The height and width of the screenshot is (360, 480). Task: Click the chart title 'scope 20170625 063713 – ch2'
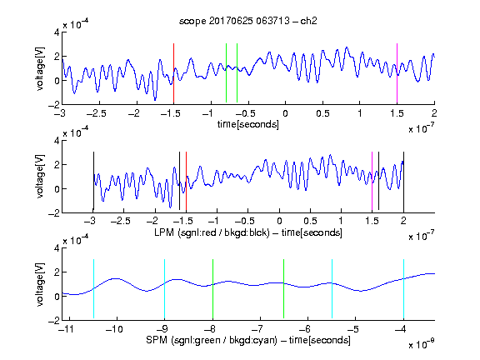[248, 21]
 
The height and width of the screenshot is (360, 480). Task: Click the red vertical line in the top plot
[173, 73]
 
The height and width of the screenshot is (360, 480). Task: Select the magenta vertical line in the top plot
[397, 73]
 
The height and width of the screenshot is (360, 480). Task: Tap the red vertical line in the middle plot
[186, 181]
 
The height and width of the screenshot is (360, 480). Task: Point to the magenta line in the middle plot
[372, 181]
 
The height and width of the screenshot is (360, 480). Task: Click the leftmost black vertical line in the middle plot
[93, 181]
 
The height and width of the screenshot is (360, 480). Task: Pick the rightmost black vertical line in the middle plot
[403, 182]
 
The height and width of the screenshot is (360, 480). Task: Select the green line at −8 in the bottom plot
[212, 288]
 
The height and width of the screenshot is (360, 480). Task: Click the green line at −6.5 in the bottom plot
[284, 288]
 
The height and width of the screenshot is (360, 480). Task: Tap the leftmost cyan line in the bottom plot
[93, 288]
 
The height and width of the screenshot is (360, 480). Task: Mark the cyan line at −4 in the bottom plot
[403, 288]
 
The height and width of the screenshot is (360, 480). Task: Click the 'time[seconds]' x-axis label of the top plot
[248, 124]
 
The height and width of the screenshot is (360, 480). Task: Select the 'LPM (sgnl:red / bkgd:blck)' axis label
[212, 232]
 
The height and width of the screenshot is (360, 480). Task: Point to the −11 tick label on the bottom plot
[66, 329]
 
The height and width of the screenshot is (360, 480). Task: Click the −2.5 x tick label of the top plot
[97, 113]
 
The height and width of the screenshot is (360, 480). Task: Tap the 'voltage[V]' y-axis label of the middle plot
[40, 177]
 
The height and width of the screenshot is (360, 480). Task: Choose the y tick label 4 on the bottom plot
[57, 248]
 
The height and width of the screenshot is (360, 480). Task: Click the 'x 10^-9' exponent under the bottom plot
[422, 343]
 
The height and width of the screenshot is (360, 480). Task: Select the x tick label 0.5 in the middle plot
[310, 221]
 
